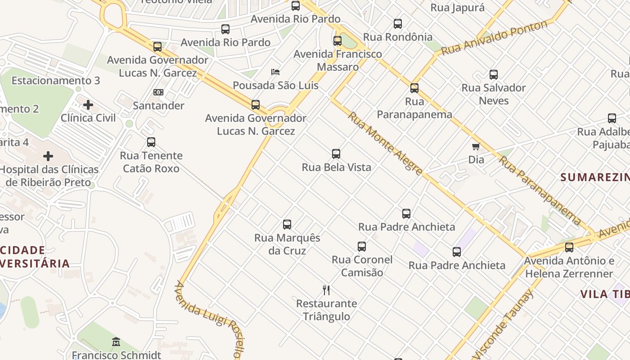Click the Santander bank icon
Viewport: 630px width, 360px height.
point(158,92)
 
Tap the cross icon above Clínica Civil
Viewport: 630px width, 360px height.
point(88,105)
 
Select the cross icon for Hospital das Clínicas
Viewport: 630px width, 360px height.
point(48,156)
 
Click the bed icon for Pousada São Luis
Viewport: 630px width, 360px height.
point(275,72)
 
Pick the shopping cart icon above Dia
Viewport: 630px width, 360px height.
point(476,146)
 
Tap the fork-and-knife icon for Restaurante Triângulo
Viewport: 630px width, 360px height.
point(326,290)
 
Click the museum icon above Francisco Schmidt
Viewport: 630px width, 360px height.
point(116,342)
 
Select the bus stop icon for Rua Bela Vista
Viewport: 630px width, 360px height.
point(336,154)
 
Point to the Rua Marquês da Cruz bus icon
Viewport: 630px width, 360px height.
point(287,225)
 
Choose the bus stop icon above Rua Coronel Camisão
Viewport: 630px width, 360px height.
point(362,247)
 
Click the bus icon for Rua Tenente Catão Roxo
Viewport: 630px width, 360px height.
point(151,142)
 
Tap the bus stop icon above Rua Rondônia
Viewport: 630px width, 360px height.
point(398,24)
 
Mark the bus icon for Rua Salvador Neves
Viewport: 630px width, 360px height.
point(494,75)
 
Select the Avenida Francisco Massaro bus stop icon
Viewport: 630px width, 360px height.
point(337,41)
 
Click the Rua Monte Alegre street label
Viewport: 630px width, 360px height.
point(385,143)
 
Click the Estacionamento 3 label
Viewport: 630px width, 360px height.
point(56,81)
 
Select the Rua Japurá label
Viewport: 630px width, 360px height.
point(458,8)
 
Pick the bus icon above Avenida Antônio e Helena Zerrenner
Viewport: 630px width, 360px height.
point(569,247)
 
